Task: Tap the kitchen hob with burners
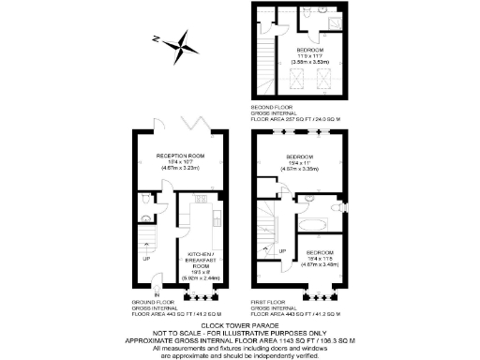(x=200, y=199)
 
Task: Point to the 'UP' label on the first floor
(x=282, y=250)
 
